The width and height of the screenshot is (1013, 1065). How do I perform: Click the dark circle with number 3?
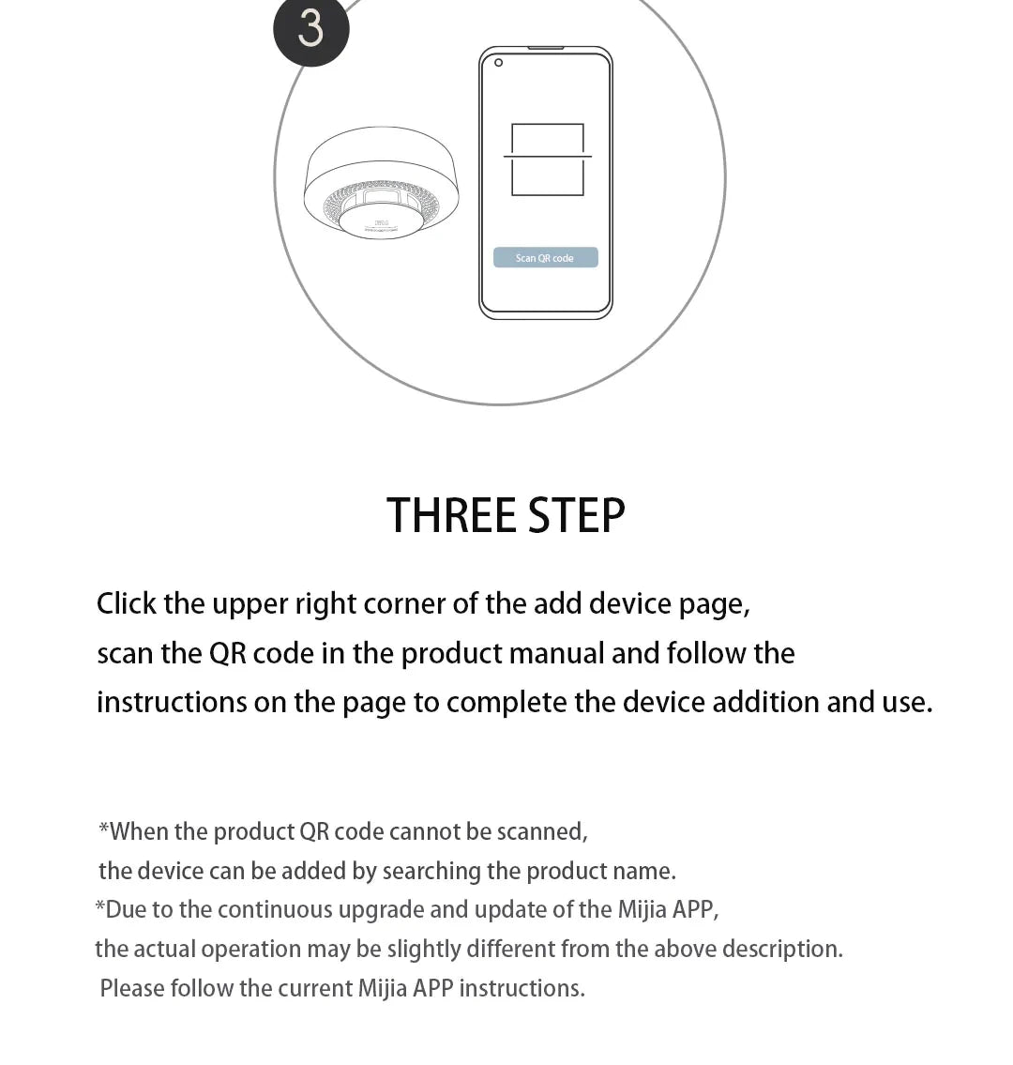point(311,28)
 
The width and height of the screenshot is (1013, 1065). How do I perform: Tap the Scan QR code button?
point(545,258)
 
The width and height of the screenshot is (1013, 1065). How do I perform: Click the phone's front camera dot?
point(498,63)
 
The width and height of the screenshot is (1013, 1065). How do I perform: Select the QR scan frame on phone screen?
point(548,160)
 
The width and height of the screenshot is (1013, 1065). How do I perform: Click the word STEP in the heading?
point(576,515)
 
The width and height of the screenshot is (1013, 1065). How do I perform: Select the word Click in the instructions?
point(127,603)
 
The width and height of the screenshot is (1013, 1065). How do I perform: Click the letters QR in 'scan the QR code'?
point(227,653)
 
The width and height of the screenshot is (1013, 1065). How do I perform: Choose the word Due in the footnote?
point(126,910)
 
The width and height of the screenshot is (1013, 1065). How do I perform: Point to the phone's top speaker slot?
point(546,48)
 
